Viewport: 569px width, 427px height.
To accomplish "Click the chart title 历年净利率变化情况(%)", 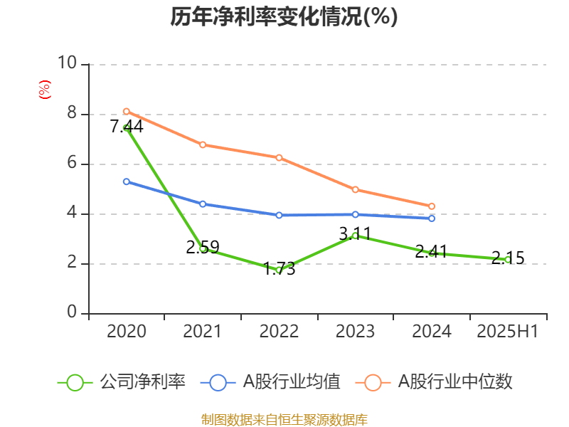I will coord(284,17).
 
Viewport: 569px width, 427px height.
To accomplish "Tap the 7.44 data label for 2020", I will coord(127,127).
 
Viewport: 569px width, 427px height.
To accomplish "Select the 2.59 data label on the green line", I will coord(203,248).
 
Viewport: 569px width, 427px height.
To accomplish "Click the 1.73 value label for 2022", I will coord(279,269).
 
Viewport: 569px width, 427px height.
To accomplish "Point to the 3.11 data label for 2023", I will coord(355,233).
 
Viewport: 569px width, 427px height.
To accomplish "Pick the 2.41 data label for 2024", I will coord(431,251).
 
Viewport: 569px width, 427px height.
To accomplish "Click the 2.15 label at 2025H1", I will coord(507,258).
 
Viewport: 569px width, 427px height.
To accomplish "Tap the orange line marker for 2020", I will coord(127,111).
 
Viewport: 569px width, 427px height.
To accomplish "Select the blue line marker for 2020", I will coord(127,181).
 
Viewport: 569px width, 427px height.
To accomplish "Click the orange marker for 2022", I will coord(279,157).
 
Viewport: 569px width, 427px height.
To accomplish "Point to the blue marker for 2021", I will coord(203,204).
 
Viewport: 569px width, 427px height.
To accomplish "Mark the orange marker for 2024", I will coord(431,206).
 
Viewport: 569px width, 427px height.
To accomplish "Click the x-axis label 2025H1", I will coord(507,331).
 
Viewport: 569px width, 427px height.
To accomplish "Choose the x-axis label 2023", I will coord(355,331).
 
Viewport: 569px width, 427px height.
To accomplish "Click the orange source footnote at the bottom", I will coord(284,419).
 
